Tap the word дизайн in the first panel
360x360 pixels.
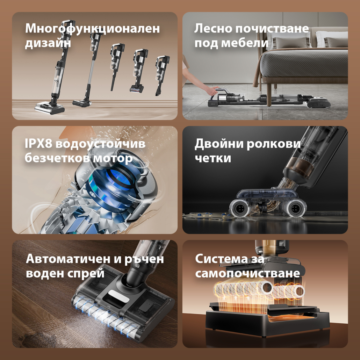[48, 43]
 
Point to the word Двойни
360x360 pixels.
[219, 144]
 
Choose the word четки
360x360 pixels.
[213, 158]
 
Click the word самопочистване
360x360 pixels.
[247, 273]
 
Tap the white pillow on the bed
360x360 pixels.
[332, 39]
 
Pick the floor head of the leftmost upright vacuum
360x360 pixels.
[50, 108]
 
